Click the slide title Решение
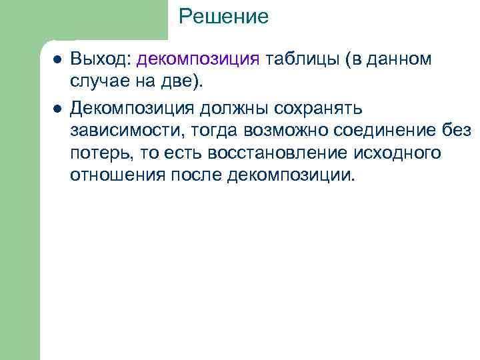pos(223,16)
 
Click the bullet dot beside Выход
pos(58,59)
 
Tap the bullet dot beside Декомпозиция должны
pos(58,107)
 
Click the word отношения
pos(115,176)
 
